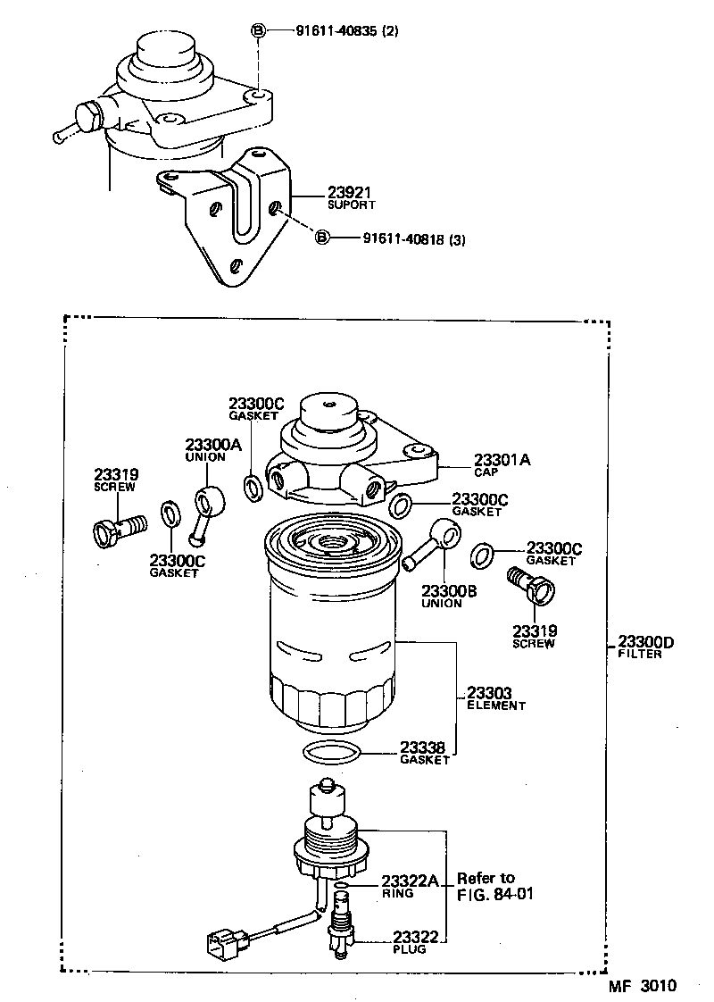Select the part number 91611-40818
[x=413, y=238]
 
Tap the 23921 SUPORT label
[x=325, y=197]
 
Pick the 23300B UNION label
[x=442, y=596]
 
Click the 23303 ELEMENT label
[x=495, y=698]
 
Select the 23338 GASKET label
[x=424, y=753]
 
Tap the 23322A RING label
[x=409, y=885]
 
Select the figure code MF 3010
[x=643, y=986]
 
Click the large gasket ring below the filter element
[x=332, y=753]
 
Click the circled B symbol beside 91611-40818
[x=322, y=238]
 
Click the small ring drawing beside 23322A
[x=342, y=885]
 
